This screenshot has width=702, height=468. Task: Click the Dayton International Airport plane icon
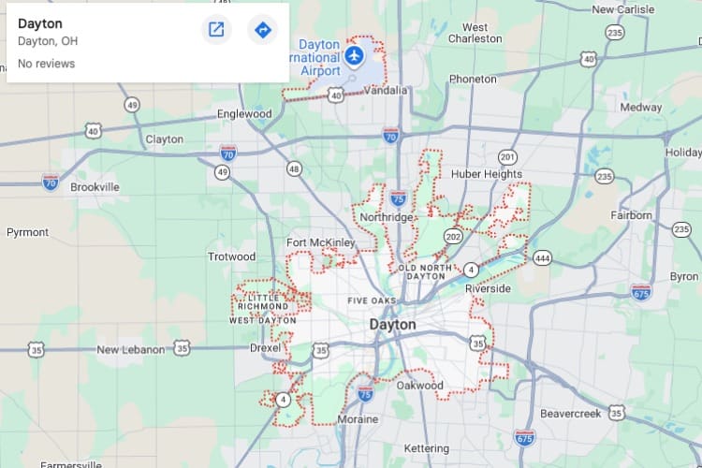tap(354, 56)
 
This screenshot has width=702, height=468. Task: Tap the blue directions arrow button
tap(262, 30)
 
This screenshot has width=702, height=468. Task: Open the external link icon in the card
tap(216, 30)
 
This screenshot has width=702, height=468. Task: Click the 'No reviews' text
tap(46, 64)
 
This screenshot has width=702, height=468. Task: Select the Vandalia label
tap(385, 91)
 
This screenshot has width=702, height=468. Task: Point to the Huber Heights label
tap(486, 174)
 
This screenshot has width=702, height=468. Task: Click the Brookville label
tap(95, 187)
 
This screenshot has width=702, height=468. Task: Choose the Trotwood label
tap(231, 256)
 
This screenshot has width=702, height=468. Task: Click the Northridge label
tap(386, 217)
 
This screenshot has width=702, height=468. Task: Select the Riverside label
tap(489, 288)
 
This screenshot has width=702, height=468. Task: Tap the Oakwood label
tap(419, 385)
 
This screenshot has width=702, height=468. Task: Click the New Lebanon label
tap(131, 349)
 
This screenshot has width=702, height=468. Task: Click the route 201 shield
tap(507, 156)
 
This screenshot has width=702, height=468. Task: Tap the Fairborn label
tap(632, 215)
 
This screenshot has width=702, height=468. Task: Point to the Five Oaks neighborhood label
tap(372, 300)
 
